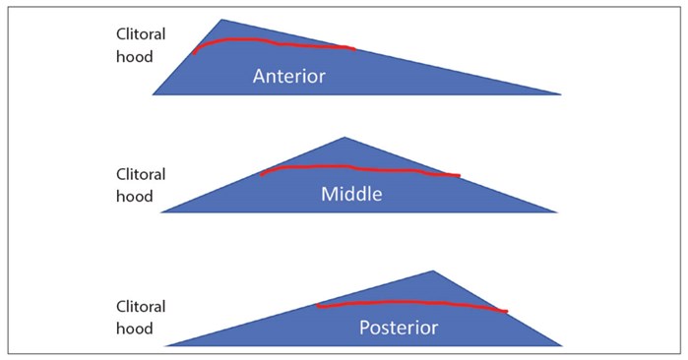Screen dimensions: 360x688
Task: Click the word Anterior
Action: coord(288,76)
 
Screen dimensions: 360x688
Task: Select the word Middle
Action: coord(350,194)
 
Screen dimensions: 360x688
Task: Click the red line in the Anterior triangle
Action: coord(276,43)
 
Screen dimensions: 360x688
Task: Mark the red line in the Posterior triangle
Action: coord(413,304)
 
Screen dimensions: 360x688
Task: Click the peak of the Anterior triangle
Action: coord(222,21)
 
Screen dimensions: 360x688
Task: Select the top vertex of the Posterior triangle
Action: coord(432,271)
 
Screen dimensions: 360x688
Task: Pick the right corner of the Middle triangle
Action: coord(555,211)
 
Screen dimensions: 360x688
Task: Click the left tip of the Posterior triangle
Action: coord(168,345)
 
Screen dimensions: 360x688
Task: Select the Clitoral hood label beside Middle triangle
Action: coord(141,185)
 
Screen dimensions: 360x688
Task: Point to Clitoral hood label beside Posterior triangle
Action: coord(141,317)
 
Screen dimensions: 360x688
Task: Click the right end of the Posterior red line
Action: coord(506,312)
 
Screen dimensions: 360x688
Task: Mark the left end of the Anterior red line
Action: coord(194,53)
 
